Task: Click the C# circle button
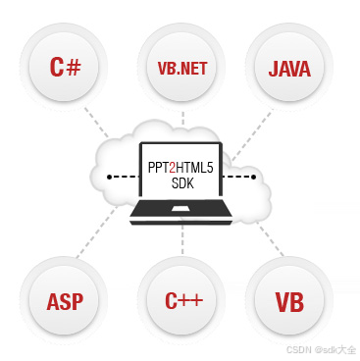(x=70, y=69)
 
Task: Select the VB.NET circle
(x=180, y=69)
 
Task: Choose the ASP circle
(x=70, y=299)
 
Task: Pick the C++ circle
(x=180, y=299)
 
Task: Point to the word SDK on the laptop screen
(x=180, y=183)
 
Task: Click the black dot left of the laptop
(x=110, y=178)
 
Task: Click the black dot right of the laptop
(x=253, y=178)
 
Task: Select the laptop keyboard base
(x=180, y=216)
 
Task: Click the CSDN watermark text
(x=320, y=350)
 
